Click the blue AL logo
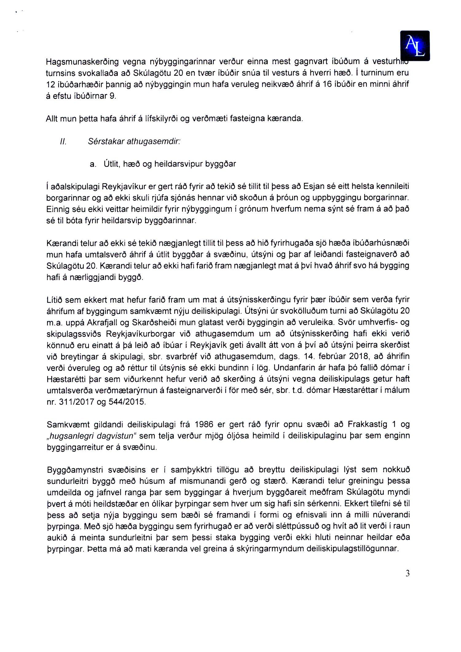[415, 45]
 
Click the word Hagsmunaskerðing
[82, 62]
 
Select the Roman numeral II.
[63, 142]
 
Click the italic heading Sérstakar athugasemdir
[134, 142]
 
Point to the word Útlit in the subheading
[111, 164]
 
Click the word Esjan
[314, 187]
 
